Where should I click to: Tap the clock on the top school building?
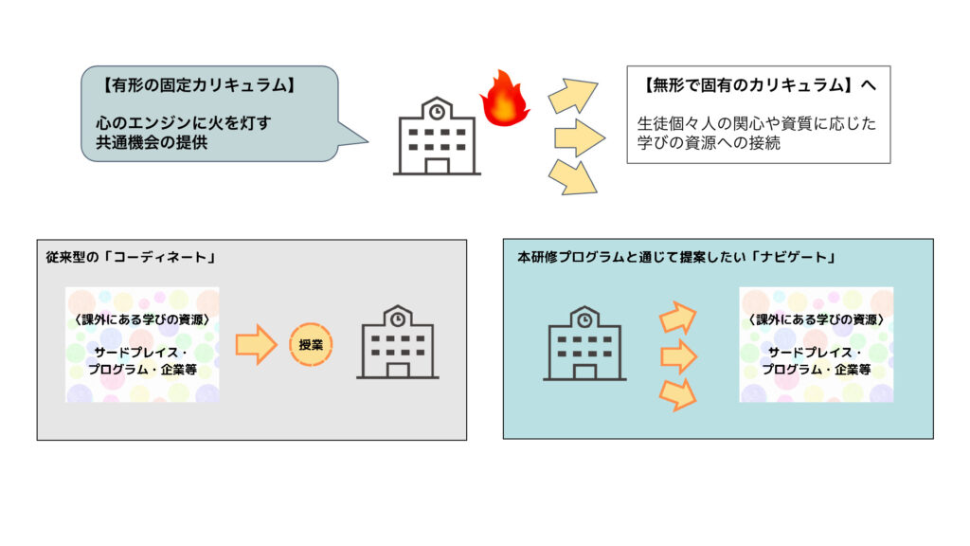436,112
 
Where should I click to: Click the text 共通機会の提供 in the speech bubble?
141,142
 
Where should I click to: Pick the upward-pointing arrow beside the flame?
573,96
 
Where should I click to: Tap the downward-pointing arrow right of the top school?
573,176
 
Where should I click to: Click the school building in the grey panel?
398,342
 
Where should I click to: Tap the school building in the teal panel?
584,344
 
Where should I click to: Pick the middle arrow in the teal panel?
678,356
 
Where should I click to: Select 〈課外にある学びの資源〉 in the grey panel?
142,318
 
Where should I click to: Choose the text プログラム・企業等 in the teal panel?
816,369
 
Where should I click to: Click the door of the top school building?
436,165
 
